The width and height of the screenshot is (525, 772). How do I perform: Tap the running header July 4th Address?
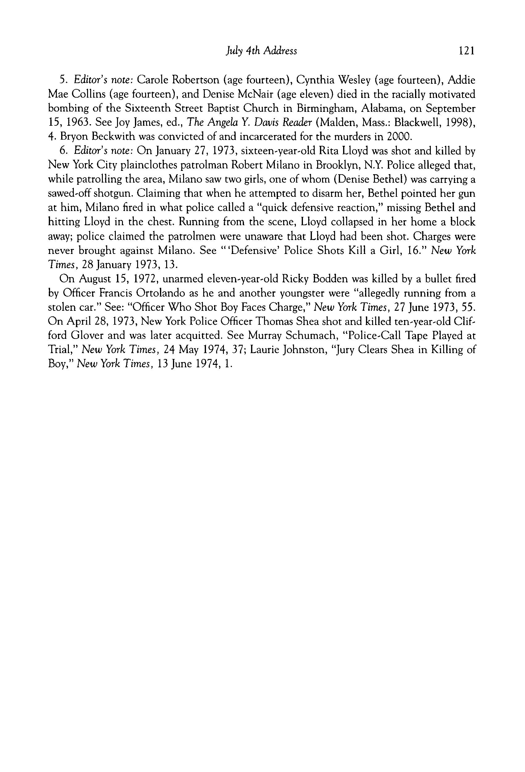pyautogui.click(x=261, y=51)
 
